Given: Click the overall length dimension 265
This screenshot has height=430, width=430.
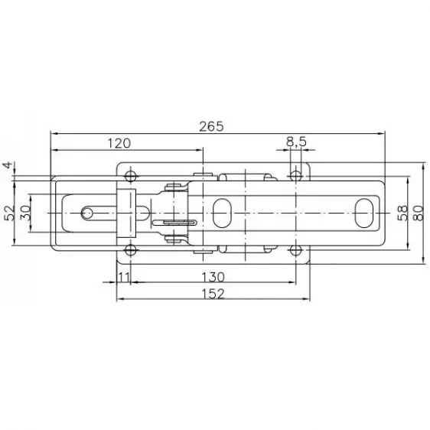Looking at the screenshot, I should (215, 125).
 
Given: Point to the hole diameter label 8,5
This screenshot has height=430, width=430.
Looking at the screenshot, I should (296, 142).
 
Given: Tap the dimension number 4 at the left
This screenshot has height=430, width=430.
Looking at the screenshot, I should (7, 165).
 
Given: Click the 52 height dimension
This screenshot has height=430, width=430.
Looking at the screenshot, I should (9, 213).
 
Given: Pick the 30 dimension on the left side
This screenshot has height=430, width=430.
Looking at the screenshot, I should (24, 213).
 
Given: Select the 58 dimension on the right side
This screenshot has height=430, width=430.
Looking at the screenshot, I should (402, 213).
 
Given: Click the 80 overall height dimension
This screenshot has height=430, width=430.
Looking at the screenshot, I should (418, 213).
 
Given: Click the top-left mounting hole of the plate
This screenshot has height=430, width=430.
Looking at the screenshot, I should (131, 176).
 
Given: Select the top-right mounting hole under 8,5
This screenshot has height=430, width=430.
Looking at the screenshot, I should (296, 176).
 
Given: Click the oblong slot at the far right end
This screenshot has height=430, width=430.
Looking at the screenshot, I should (364, 213).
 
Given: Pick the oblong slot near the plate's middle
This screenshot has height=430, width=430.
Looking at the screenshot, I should (223, 213).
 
